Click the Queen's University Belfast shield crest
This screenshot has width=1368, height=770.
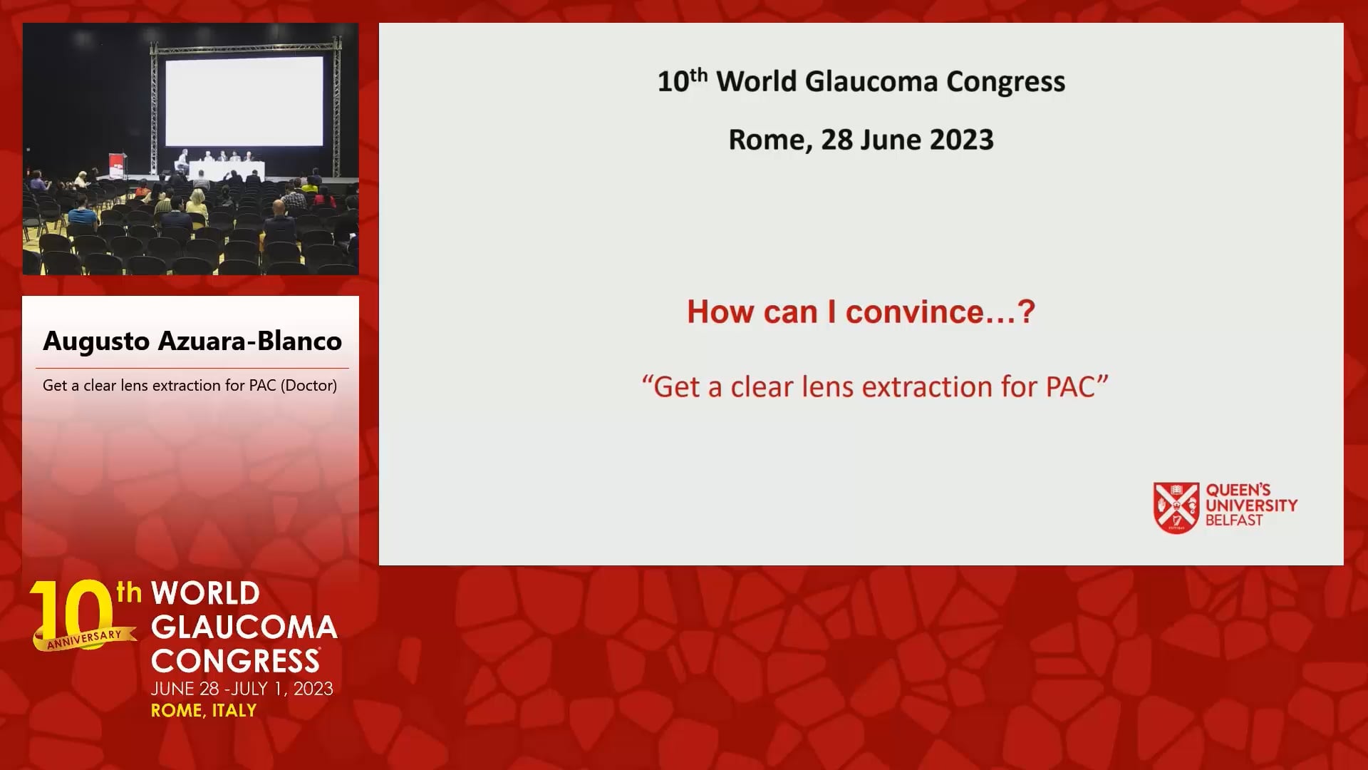[1176, 508]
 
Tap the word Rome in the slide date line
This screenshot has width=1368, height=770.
[769, 140]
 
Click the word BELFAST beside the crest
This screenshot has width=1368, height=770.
[1233, 520]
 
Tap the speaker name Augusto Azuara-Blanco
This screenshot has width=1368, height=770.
[192, 341]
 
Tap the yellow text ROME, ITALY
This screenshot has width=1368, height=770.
[204, 711]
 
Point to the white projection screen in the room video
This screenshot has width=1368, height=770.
[244, 101]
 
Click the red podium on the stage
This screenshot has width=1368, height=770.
[117, 166]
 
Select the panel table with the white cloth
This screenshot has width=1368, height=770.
[226, 170]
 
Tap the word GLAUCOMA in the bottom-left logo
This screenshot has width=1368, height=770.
[244, 627]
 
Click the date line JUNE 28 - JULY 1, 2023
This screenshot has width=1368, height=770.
[242, 689]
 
